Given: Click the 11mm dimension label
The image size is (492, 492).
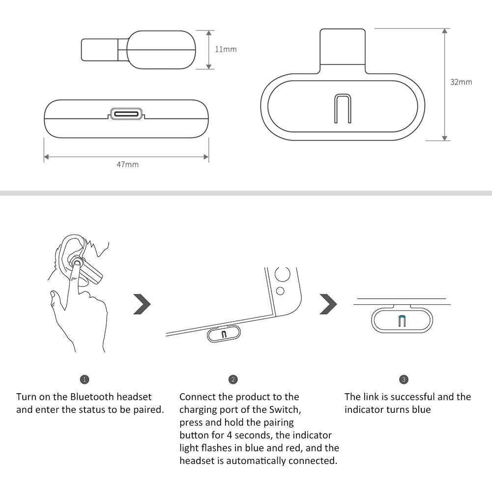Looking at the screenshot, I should (226, 49).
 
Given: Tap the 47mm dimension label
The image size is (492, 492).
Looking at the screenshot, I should (127, 164).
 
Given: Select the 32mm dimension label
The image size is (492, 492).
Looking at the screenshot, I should (461, 82).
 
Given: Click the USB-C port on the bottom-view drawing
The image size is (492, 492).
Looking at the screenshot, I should (127, 114).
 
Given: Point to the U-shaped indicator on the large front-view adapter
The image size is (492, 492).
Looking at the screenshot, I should (342, 109).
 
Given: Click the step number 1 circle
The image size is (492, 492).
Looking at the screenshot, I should (85, 379).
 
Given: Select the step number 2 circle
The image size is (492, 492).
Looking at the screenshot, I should (233, 379).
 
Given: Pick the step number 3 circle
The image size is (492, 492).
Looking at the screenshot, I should (404, 379).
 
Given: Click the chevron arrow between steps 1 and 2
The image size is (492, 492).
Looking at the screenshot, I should (142, 304).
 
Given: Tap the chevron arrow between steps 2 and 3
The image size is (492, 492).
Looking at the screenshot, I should (328, 304).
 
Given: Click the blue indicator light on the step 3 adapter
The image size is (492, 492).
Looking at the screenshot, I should (402, 321).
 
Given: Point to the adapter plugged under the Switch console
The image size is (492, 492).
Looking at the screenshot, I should (224, 334).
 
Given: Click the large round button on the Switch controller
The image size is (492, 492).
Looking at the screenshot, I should (282, 274).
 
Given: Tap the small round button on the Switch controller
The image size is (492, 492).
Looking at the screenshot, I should (280, 291).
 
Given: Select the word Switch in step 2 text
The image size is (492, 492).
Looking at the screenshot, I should (283, 409).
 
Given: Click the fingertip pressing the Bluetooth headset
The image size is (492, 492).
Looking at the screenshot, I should (75, 264).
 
